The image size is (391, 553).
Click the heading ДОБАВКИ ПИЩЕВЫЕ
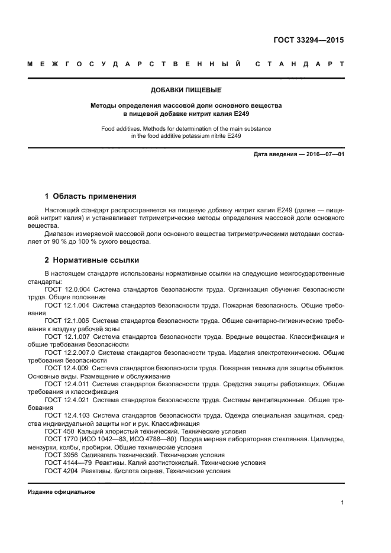[x=186, y=90]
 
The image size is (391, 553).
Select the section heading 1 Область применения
[x=91, y=196]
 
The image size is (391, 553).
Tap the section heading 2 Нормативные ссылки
[x=92, y=260]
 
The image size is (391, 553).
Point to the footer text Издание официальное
[x=62, y=492]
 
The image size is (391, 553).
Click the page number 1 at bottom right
[x=342, y=503]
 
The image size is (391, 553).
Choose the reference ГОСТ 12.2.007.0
[x=69, y=352]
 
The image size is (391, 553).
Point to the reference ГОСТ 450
[x=58, y=432]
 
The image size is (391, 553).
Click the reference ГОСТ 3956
[x=60, y=455]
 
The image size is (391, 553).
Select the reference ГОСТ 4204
[x=60, y=471]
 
